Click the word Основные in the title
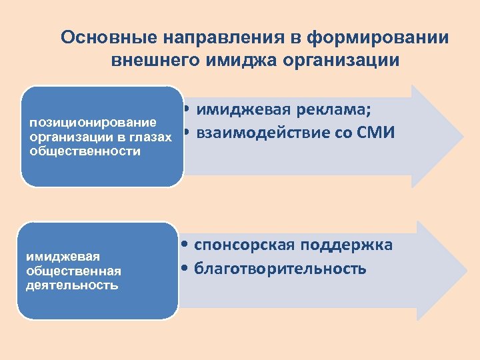point(101,37)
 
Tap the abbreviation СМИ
point(377,133)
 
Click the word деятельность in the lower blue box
point(72,285)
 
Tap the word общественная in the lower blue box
point(73,271)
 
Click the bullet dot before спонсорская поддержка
point(188,246)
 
